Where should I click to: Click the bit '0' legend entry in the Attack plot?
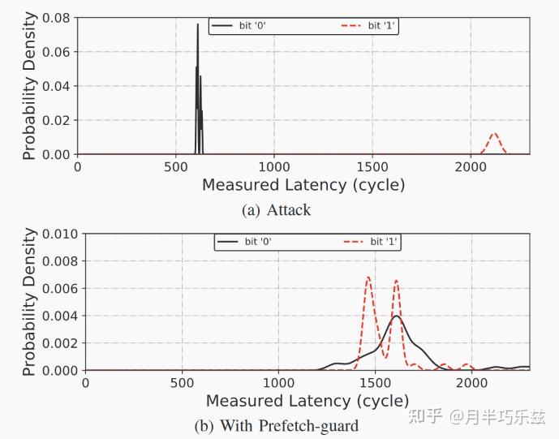pyautogui.click(x=243, y=26)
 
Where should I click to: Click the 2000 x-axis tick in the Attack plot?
pyautogui.click(x=470, y=166)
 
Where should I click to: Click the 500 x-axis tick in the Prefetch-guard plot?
pyautogui.click(x=182, y=383)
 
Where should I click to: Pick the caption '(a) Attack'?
pyautogui.click(x=276, y=210)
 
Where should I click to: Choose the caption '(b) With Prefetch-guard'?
pyautogui.click(x=276, y=425)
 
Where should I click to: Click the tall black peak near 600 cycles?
pyautogui.click(x=197, y=26)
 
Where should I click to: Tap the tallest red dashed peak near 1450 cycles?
pyautogui.click(x=368, y=278)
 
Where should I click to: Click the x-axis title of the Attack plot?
pyautogui.click(x=303, y=185)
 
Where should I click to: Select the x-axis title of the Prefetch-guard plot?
pyautogui.click(x=307, y=401)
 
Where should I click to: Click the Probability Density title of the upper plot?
pyautogui.click(x=28, y=85)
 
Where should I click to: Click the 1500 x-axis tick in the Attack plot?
pyautogui.click(x=372, y=166)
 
